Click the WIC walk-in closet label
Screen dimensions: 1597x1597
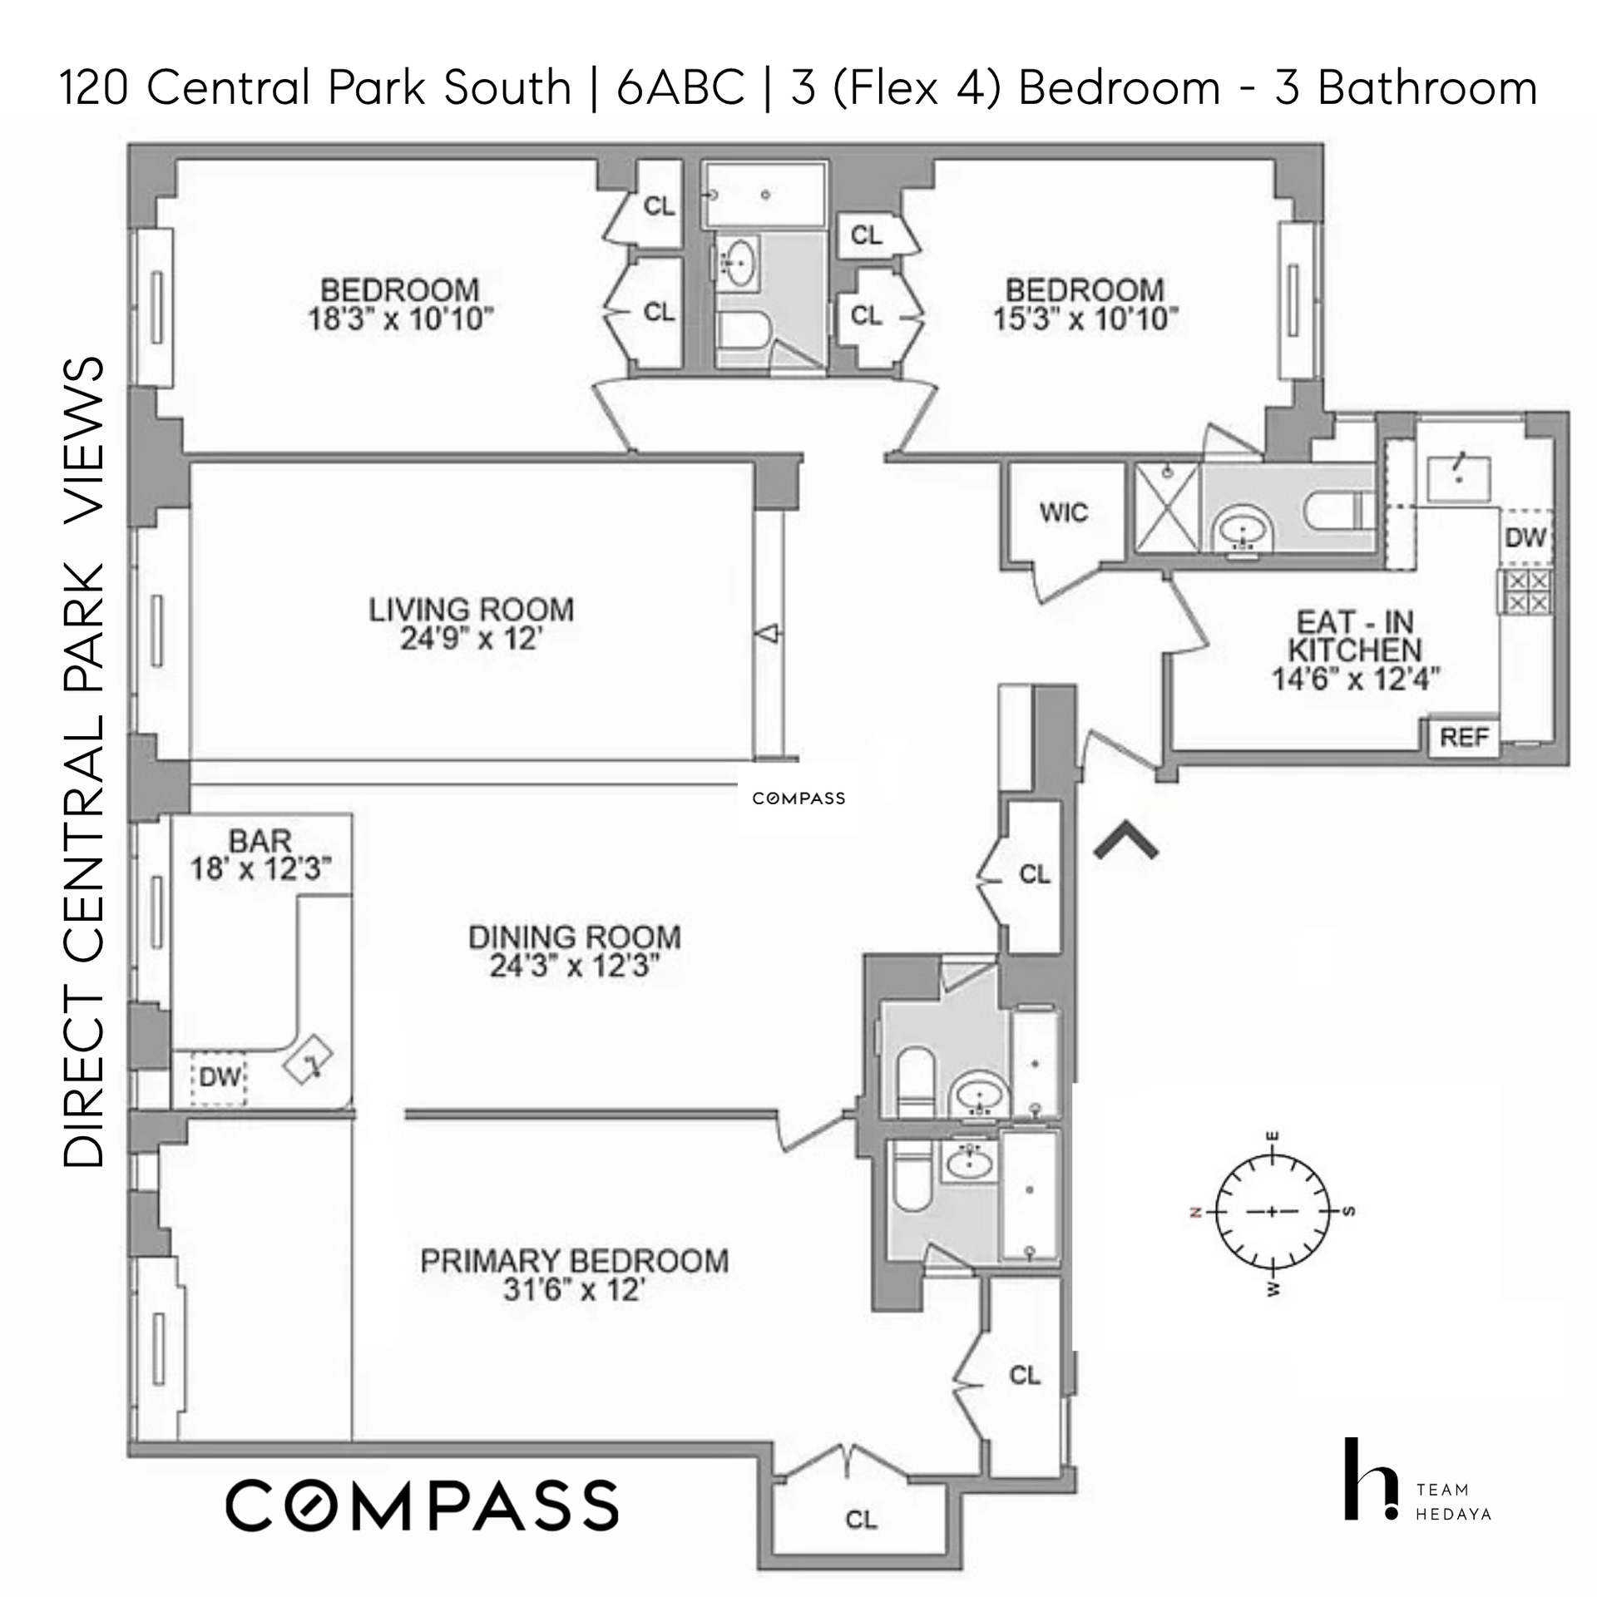click(x=1063, y=512)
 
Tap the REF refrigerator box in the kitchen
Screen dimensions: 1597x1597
click(x=1464, y=737)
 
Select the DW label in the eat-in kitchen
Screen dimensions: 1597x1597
click(x=1525, y=537)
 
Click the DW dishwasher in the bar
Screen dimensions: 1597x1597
click(x=220, y=1077)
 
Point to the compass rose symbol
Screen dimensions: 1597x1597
click(x=1272, y=1211)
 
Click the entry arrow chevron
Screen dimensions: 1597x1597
click(x=1126, y=839)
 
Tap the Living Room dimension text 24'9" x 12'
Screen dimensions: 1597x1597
click(x=472, y=639)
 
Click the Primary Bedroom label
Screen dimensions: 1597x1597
click(x=575, y=1261)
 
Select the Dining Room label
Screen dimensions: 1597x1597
click(x=575, y=937)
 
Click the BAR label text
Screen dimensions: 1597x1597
click(x=260, y=841)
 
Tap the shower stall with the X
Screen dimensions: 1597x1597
click(x=1169, y=507)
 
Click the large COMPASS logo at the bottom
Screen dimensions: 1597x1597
click(x=423, y=1506)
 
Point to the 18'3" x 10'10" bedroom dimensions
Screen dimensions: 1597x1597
click(x=401, y=319)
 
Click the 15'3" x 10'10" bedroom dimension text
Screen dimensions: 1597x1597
click(x=1085, y=319)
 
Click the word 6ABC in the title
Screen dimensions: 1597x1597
click(x=680, y=88)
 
